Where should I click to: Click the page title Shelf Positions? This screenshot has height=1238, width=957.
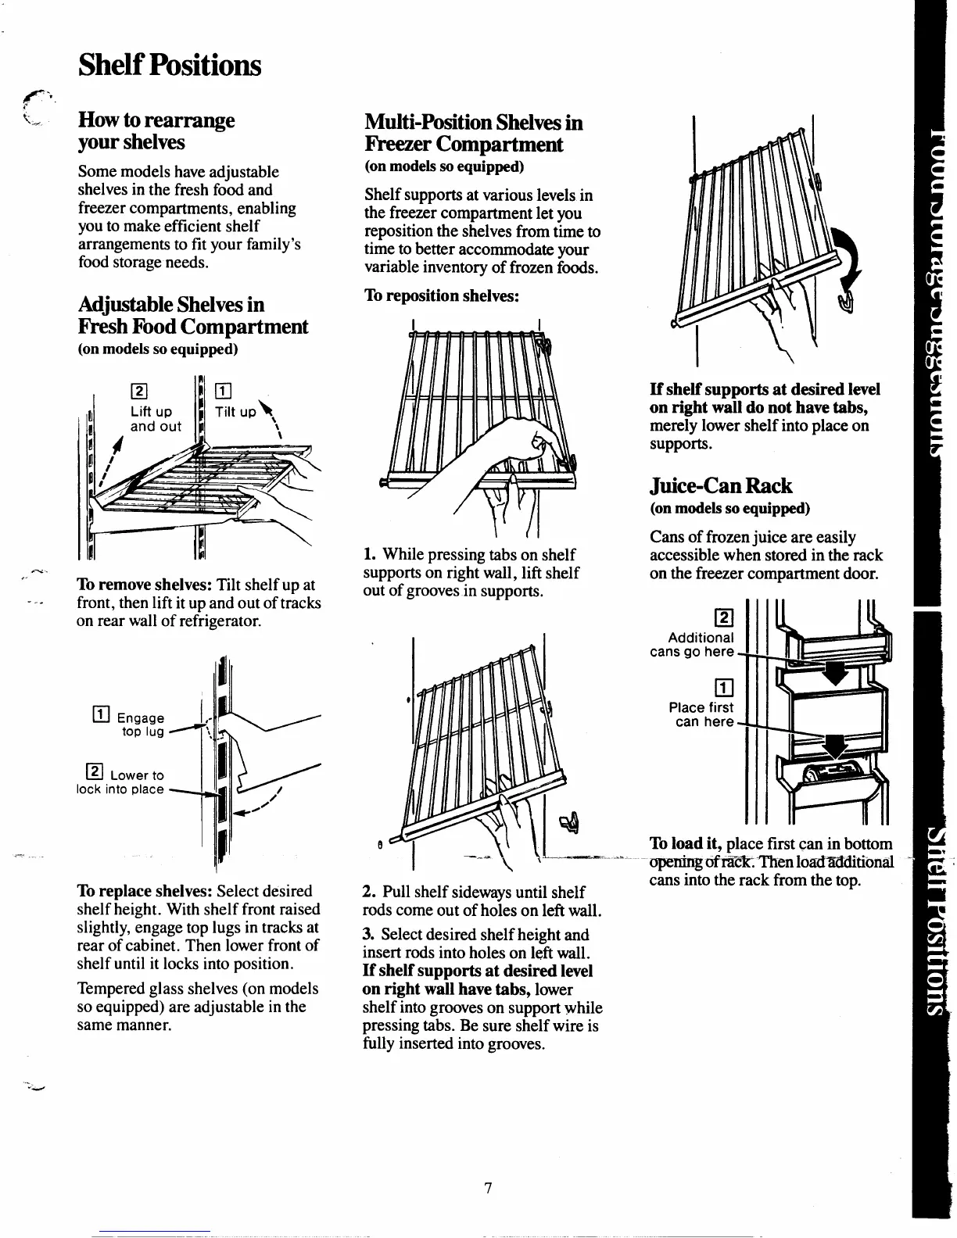pyautogui.click(x=169, y=66)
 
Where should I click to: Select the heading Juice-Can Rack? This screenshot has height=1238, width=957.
pyautogui.click(x=721, y=486)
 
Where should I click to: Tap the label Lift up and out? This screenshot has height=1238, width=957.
pyautogui.click(x=156, y=419)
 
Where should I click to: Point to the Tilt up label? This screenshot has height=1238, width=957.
pyautogui.click(x=236, y=412)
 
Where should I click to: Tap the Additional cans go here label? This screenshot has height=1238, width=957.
pyautogui.click(x=693, y=645)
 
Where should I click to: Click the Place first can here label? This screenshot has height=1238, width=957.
pyautogui.click(x=701, y=714)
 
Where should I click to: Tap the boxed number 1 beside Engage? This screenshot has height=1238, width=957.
pyautogui.click(x=99, y=711)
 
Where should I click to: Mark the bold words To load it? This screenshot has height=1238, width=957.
pyautogui.click(x=686, y=844)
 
